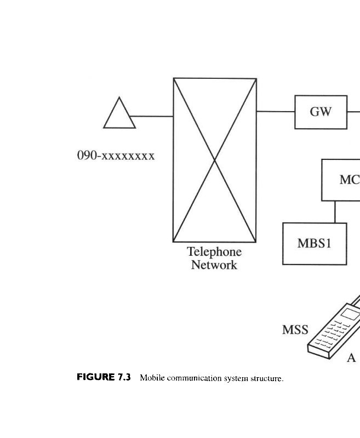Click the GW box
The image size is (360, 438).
pos(321,112)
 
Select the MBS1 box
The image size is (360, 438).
pos(315,244)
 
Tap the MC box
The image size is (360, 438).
pos(341,180)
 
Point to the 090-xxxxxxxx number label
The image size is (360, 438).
pos(116,155)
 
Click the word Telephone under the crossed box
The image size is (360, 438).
pos(214,252)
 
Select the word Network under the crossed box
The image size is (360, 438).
pos(214,265)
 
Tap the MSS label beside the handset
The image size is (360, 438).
pos(295,330)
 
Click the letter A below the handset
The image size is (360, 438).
pos(351,358)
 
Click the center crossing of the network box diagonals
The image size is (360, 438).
pos(215,160)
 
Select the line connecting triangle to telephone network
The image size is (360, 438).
pos(152,116)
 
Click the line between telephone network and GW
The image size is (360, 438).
pos(275,112)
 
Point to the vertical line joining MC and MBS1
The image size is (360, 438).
pos(335,211)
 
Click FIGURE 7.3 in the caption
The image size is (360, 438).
pos(104,377)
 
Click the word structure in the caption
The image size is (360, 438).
pos(267,378)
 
